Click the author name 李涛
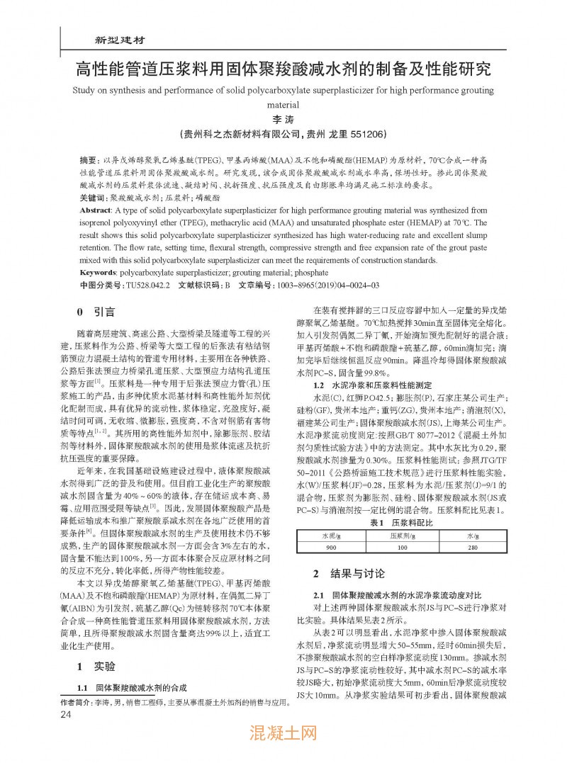pyautogui.click(x=283, y=120)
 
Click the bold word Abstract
pyautogui.click(x=96, y=210)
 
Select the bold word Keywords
pyautogui.click(x=99, y=271)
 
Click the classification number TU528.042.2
pyautogui.click(x=148, y=285)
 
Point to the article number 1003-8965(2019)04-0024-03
pyautogui.click(x=328, y=285)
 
